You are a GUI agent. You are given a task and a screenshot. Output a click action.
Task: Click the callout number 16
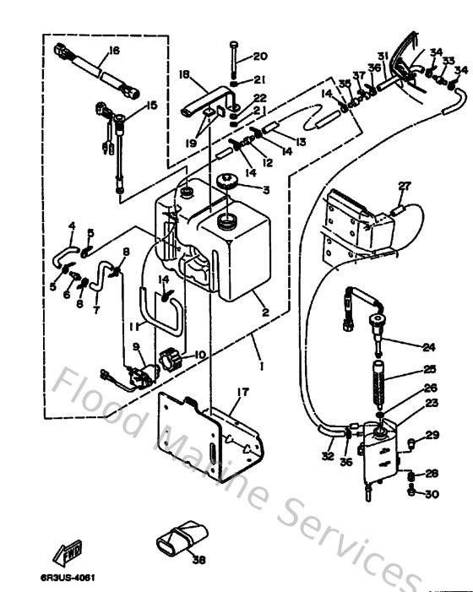click(x=114, y=51)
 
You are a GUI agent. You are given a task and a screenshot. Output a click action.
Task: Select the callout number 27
click(x=405, y=186)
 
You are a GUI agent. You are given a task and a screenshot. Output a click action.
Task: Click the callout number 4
click(x=72, y=225)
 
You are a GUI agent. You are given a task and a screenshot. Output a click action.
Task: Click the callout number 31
click(x=383, y=56)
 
